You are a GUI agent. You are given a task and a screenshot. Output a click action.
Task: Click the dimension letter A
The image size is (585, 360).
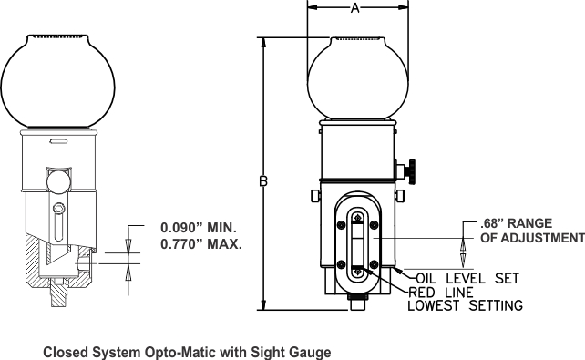point(354,7)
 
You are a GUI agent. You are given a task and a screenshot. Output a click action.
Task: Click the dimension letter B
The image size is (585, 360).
point(263,181)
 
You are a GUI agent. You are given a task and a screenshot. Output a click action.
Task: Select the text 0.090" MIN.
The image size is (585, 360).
point(199,227)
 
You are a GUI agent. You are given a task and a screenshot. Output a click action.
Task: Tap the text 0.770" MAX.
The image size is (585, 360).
point(201,244)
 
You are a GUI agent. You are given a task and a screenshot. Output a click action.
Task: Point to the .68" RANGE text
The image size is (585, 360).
point(516,223)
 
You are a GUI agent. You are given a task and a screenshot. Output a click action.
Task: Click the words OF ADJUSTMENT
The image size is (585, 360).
point(532,238)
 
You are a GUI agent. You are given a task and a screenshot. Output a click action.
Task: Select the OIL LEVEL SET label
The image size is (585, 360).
point(467,278)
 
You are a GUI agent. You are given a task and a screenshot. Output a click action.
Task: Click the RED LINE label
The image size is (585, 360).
point(441,293)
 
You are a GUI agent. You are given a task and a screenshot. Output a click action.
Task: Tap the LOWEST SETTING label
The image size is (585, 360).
point(466,305)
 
